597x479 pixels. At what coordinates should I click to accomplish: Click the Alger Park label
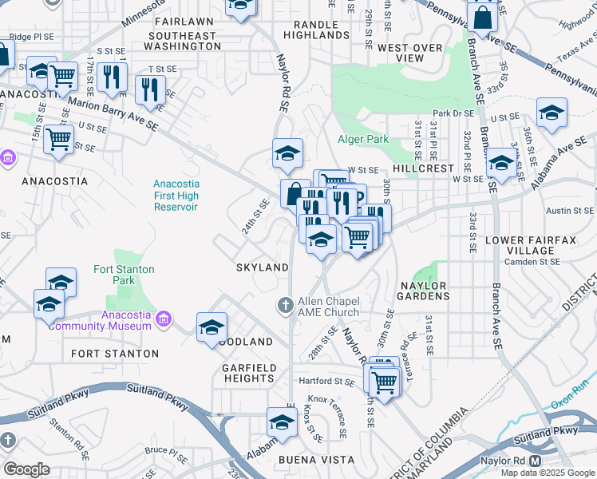[363, 139]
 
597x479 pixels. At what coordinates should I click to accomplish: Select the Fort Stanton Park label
[124, 275]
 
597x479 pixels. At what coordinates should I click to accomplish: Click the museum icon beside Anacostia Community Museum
[164, 319]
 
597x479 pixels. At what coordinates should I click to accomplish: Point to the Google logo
[26, 469]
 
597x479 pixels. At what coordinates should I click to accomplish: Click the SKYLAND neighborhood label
[262, 267]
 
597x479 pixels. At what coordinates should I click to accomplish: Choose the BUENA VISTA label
[310, 461]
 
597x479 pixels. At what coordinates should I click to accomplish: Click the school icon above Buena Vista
[282, 422]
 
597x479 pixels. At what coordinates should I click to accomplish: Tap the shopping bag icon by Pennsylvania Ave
[483, 16]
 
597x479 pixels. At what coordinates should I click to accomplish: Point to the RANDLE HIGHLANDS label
[316, 30]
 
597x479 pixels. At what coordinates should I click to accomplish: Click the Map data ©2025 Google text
[548, 473]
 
